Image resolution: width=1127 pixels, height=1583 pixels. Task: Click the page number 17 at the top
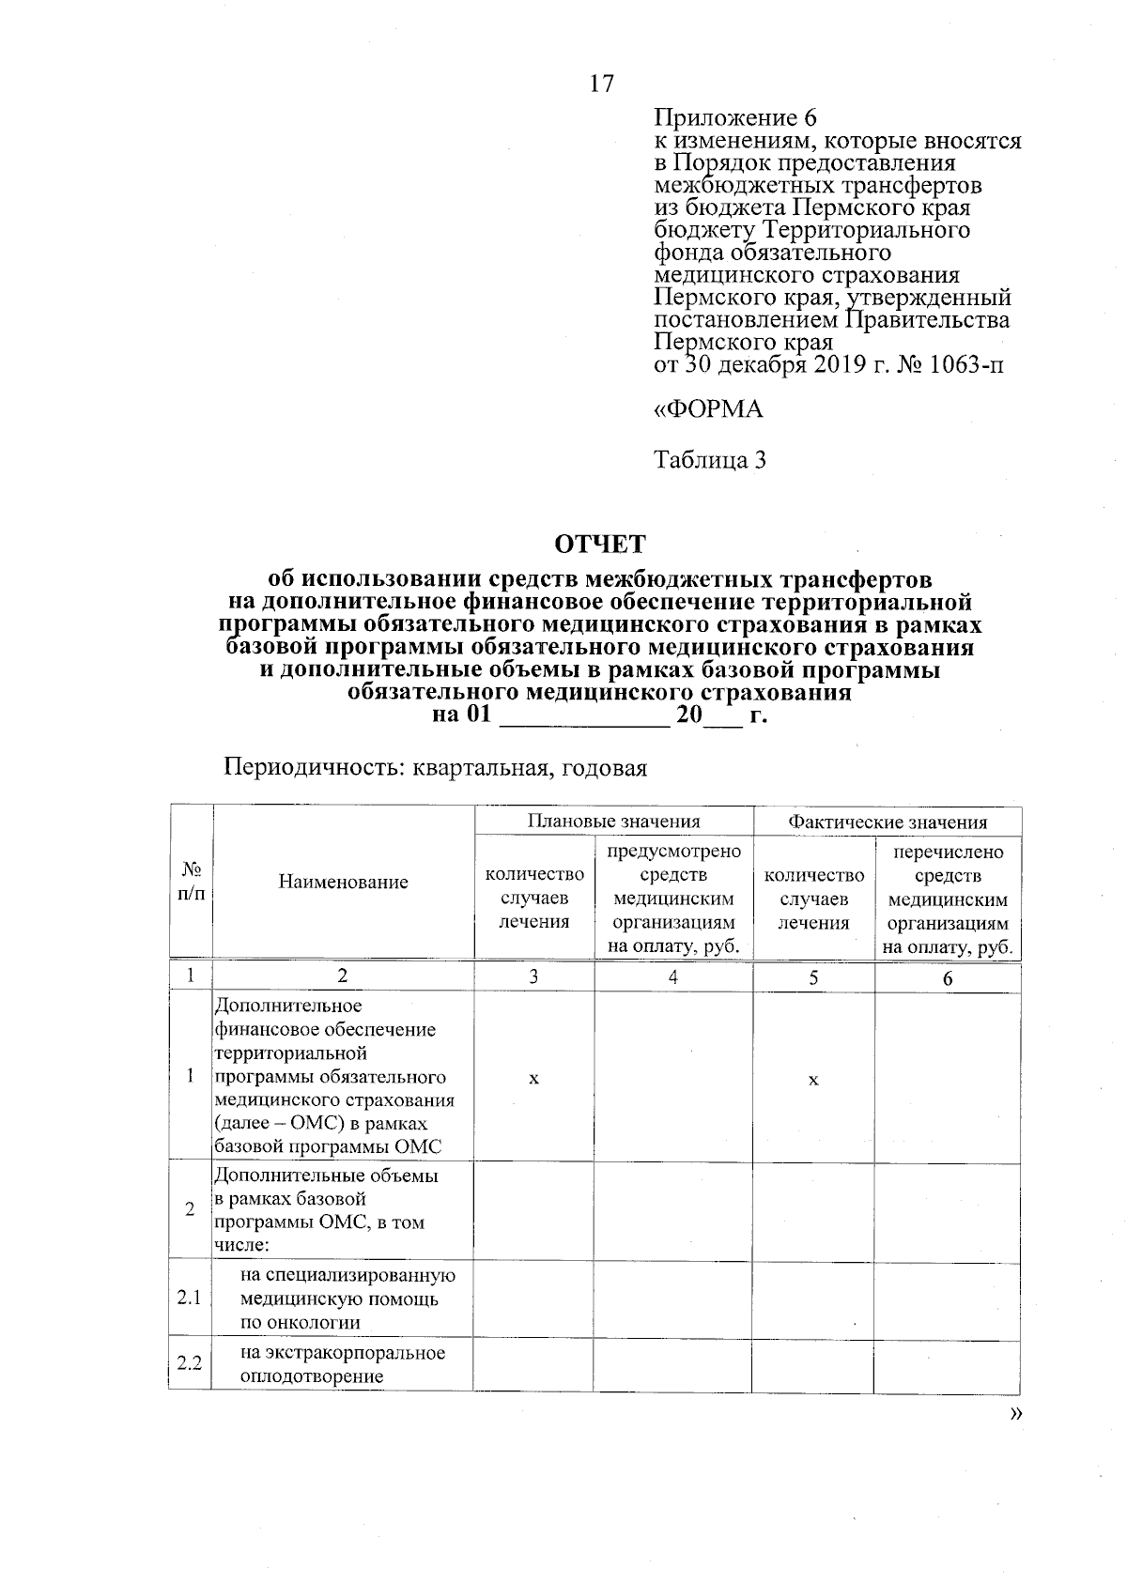pos(601,84)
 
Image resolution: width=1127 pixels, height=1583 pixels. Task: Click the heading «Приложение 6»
pos(735,118)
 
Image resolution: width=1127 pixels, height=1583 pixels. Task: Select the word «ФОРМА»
pos(715,409)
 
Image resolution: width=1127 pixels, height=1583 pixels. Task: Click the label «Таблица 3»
pos(710,460)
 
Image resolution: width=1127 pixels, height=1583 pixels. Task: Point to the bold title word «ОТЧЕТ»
pos(600,545)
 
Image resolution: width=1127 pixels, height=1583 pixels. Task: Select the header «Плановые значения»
pos(613,822)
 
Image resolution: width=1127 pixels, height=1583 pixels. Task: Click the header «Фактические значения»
pos(887,822)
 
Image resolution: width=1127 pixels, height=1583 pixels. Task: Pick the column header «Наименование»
pos(343,882)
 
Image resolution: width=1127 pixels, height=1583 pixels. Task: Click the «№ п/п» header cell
pos(191,882)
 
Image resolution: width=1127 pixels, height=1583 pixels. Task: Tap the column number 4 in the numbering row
pos(672,976)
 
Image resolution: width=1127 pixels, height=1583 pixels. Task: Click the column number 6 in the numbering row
pos(948,978)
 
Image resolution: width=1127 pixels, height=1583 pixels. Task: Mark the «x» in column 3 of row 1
pos(533,1079)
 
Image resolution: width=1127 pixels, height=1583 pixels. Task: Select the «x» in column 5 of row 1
pos(813,1080)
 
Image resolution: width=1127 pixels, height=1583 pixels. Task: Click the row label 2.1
pos(190,1299)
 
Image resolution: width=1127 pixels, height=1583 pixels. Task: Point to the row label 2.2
pos(190,1363)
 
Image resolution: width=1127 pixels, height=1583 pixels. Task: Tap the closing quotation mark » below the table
pos(1013,1415)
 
